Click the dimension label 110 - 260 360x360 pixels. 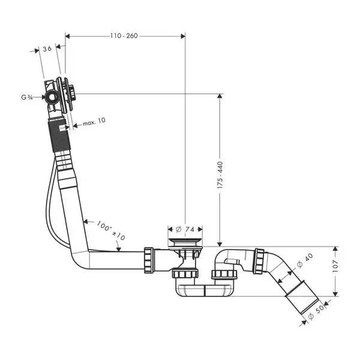[x=124, y=36]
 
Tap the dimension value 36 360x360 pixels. [x=47, y=49]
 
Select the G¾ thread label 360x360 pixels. [x=27, y=97]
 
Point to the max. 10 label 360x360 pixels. [x=94, y=122]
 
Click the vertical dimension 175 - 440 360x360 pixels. [x=220, y=175]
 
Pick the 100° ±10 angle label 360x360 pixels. [x=111, y=230]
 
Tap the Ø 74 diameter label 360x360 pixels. [x=185, y=229]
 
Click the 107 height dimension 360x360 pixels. [x=335, y=266]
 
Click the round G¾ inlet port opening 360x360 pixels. [x=51, y=97]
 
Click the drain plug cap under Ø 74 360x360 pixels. [x=185, y=242]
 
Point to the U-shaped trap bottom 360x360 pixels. [x=205, y=290]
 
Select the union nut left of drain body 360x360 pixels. [x=149, y=260]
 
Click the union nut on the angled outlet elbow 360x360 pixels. [x=259, y=261]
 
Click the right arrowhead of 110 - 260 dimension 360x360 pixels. [x=183, y=36]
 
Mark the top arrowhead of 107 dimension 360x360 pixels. [x=335, y=248]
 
